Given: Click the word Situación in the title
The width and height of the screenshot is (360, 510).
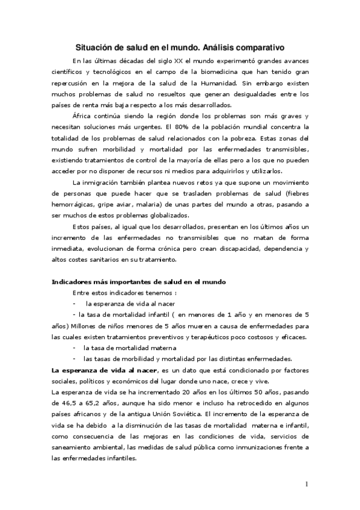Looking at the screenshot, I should pos(94,46).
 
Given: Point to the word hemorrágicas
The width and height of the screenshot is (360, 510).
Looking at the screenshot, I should pos(72,204).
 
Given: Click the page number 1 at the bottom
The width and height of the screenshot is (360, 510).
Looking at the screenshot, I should pos(307,484).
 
